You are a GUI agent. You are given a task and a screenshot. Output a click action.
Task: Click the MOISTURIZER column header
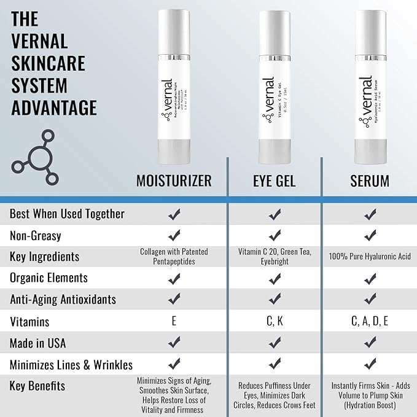coord(174,181)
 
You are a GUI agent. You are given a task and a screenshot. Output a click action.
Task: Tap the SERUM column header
coord(370,181)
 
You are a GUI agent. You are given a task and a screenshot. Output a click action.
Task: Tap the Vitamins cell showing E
coord(174,321)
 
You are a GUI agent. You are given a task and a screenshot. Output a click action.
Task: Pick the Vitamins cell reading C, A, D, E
coord(370,321)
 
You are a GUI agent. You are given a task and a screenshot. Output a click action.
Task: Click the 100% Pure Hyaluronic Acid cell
coord(370,256)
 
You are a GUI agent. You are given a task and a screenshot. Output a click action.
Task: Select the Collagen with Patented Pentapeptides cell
coord(174,256)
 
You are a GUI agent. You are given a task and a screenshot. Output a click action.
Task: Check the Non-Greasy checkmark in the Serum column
coord(370,235)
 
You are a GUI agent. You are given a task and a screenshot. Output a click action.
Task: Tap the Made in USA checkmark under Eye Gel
coord(274,342)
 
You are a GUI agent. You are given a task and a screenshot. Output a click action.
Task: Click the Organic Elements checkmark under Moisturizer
coord(174,278)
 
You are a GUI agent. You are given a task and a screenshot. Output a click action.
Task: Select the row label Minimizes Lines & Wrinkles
coord(71,364)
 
